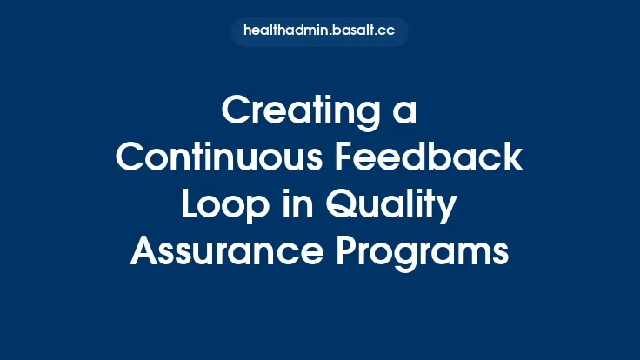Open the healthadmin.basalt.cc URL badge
pos(319,31)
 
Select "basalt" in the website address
pos(350,31)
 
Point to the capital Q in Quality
pos(335,205)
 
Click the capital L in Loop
pos(189,205)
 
